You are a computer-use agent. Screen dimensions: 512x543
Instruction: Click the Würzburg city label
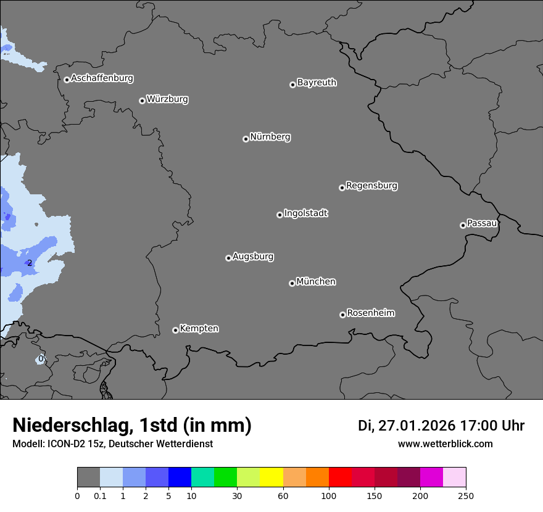click(167, 99)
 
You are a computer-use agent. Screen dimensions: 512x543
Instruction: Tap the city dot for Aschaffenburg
click(67, 80)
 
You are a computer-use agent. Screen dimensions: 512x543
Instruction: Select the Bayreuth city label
click(317, 83)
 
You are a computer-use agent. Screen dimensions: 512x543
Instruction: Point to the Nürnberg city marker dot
click(246, 139)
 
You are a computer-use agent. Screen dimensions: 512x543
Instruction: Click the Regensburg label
click(371, 186)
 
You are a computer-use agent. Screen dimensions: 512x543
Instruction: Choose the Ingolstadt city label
click(305, 213)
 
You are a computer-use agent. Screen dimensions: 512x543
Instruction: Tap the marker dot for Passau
click(463, 225)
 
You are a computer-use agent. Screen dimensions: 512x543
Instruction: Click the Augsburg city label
click(253, 257)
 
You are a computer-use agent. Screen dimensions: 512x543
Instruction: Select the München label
click(316, 282)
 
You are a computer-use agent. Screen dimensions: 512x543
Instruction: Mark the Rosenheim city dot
click(342, 315)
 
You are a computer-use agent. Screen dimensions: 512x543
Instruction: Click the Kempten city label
click(199, 329)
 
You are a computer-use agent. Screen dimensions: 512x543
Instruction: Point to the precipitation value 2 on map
click(30, 263)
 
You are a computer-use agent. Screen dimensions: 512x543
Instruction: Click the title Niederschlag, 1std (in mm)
click(132, 425)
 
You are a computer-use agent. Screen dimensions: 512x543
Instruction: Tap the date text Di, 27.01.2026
click(406, 426)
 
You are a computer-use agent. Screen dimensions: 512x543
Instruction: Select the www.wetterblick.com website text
click(445, 444)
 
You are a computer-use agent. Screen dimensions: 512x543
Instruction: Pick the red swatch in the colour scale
click(340, 477)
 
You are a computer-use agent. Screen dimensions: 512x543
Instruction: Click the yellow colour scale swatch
click(271, 477)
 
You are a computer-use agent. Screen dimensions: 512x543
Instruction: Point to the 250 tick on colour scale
click(466, 496)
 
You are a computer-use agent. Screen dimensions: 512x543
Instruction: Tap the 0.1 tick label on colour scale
click(100, 496)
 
